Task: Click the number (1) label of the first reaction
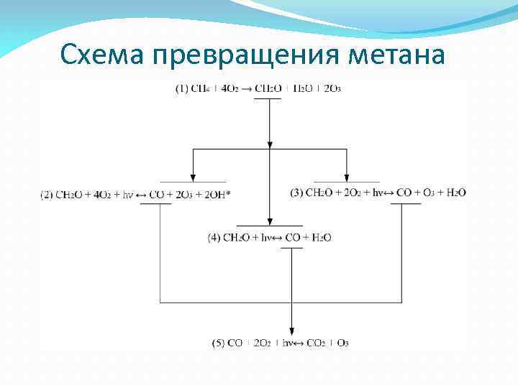[x=182, y=89]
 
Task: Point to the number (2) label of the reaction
[x=47, y=194]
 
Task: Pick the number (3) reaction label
[x=297, y=192]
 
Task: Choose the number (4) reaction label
[x=214, y=237]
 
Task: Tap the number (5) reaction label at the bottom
[x=219, y=343]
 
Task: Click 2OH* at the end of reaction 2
[x=219, y=194]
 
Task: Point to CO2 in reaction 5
[x=314, y=343]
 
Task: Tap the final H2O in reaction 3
[x=456, y=192]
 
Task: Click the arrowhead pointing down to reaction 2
[x=192, y=176]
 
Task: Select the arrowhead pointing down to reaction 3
[x=347, y=176]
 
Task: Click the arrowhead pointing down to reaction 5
[x=291, y=328]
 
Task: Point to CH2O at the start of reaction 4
[x=237, y=237]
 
